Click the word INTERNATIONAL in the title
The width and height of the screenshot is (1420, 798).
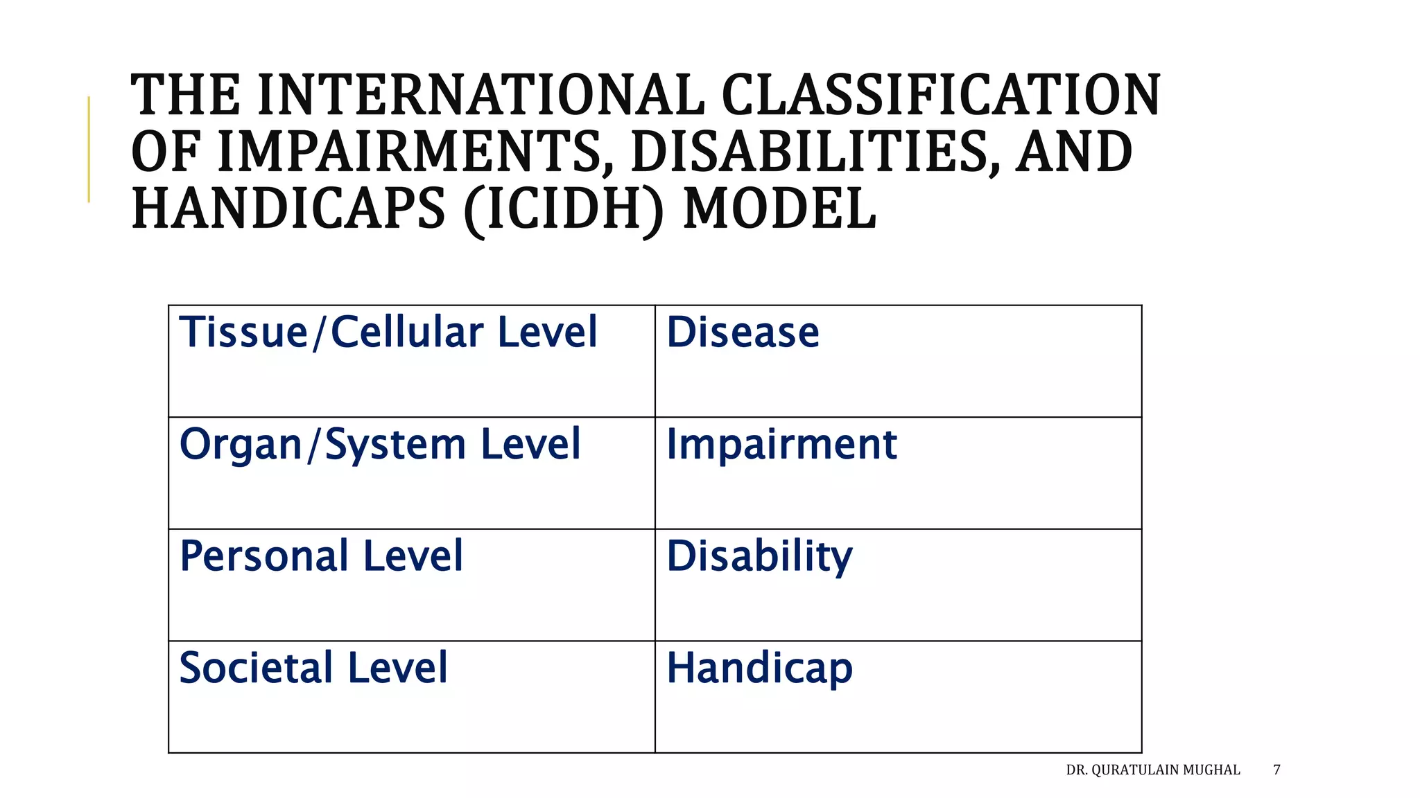tap(480, 96)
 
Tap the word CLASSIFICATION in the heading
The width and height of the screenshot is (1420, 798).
tap(941, 96)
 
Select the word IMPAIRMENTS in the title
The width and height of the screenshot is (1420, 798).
tap(410, 152)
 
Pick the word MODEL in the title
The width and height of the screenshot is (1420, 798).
tap(779, 210)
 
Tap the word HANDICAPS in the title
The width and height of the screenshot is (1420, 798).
tap(288, 210)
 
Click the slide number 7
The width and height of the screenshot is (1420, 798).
tap(1276, 770)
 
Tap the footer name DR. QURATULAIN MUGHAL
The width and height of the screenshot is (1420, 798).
tap(1152, 770)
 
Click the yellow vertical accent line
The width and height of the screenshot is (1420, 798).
tap(89, 150)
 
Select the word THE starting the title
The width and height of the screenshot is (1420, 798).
tap(185, 96)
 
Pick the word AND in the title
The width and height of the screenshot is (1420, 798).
tap(1074, 152)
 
